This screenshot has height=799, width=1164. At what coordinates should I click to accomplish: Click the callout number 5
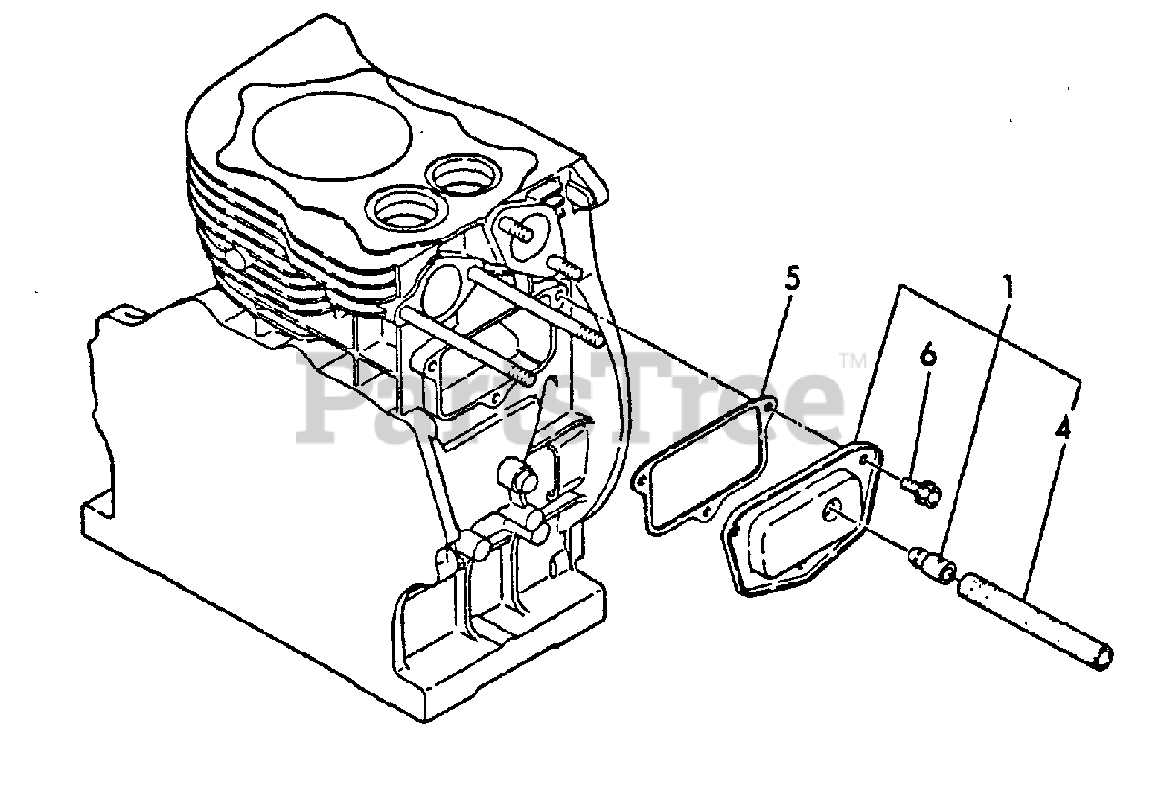[x=793, y=278]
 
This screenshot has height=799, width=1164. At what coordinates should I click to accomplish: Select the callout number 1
[x=1007, y=288]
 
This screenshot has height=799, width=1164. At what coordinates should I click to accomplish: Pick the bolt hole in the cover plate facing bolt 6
[x=871, y=462]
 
